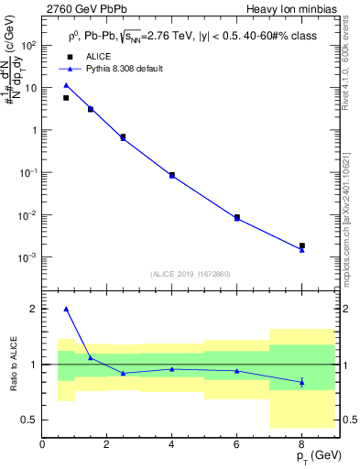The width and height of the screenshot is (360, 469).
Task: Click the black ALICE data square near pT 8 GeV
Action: click(x=302, y=245)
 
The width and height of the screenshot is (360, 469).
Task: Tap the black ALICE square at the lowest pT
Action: click(x=66, y=98)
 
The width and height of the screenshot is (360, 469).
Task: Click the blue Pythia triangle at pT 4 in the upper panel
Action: click(x=172, y=176)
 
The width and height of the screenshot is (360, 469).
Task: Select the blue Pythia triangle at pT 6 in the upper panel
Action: click(x=237, y=219)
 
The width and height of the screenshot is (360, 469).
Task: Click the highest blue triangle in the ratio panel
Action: click(x=66, y=309)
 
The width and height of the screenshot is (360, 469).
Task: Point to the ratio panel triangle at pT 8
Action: click(x=302, y=381)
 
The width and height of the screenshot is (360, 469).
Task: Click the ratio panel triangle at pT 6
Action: click(x=237, y=371)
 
